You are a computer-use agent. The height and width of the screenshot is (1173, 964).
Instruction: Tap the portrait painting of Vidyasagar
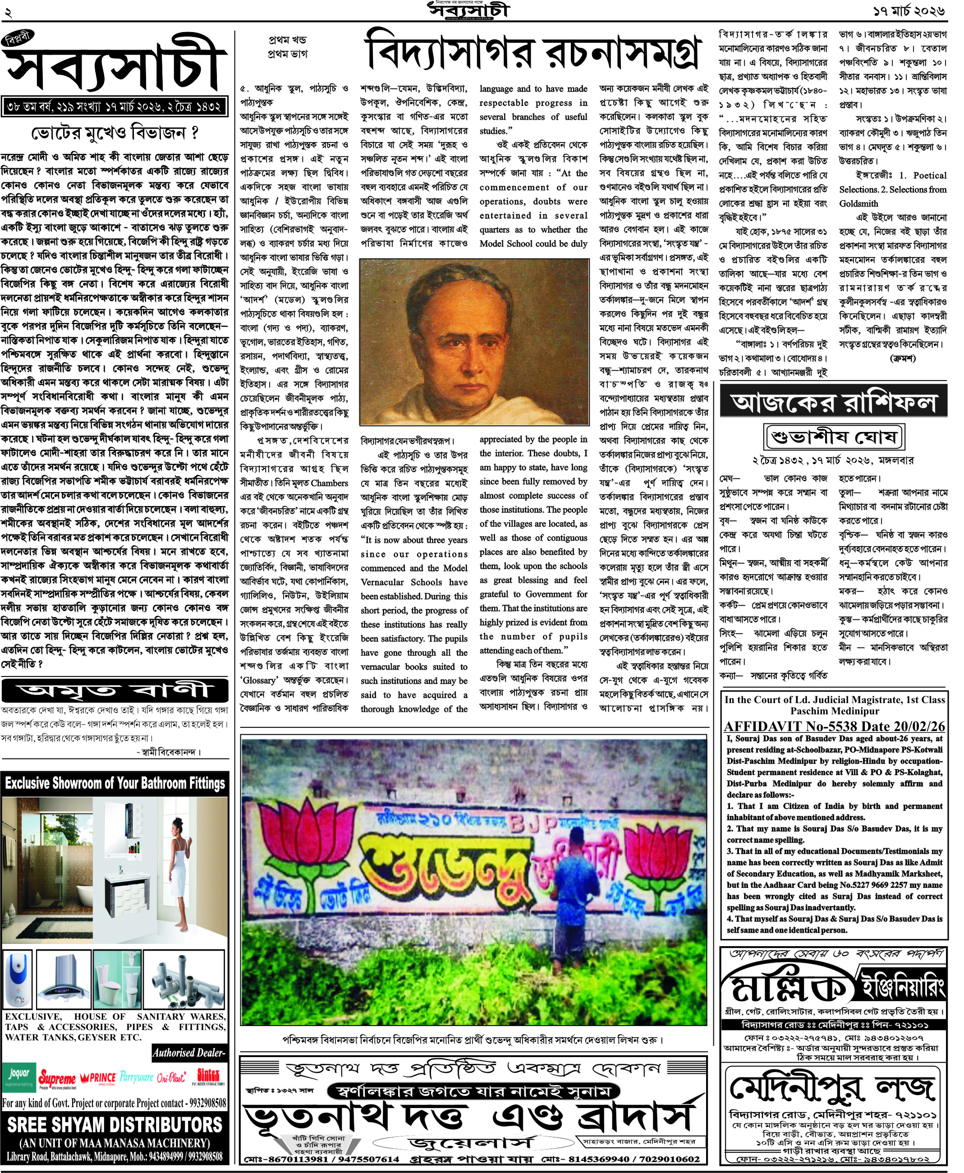click(x=474, y=341)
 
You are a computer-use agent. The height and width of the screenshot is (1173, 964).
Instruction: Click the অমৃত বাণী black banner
click(x=115, y=691)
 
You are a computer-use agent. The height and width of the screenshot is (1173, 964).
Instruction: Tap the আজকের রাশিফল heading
click(x=833, y=401)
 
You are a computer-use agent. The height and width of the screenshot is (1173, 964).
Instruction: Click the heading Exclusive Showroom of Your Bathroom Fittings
click(x=115, y=783)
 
